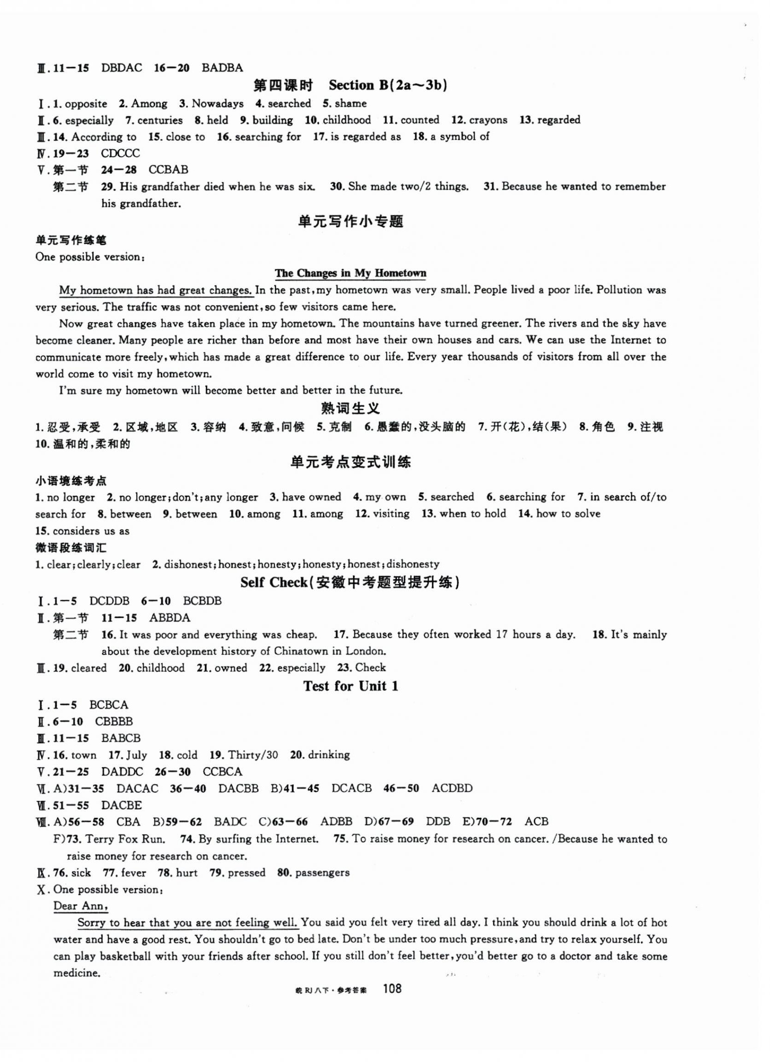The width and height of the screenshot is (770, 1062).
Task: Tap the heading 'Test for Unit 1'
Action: pos(350,686)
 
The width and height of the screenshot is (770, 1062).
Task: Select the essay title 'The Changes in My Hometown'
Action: pos(350,274)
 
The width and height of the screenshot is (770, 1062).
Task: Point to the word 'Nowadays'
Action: pos(218,103)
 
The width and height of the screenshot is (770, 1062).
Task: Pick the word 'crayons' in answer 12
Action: pos(488,120)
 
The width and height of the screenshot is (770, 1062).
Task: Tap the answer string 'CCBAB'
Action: pos(168,170)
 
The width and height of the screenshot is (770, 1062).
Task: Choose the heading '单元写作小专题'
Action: pos(350,221)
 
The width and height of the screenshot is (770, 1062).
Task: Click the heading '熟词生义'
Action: pos(350,409)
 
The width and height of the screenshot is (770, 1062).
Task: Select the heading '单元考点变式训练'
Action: pos(350,463)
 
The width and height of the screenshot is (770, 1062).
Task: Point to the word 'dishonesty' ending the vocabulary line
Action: pos(413,564)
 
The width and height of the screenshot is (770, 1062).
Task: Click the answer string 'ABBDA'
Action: pos(169,618)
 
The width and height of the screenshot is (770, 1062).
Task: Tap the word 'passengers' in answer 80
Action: pos(323,873)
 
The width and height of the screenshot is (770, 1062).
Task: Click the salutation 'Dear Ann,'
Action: pos(80,906)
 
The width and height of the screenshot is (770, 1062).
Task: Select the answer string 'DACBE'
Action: pos(121,805)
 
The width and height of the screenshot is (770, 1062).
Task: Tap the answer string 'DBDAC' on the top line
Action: pos(121,68)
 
